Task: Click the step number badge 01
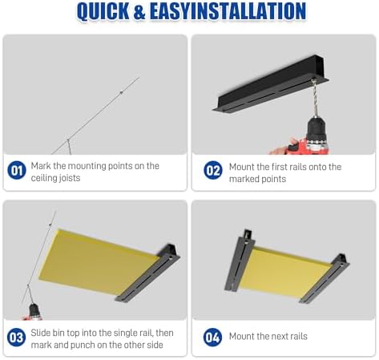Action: pos(17,170)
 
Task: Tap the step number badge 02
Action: pos(213,170)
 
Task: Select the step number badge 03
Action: pos(17,338)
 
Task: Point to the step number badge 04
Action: pos(212,338)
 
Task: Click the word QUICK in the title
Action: pos(103,11)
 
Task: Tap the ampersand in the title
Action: pos(139,11)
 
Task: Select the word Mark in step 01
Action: pos(41,166)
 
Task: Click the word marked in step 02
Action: pos(244,179)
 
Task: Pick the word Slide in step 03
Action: pos(40,333)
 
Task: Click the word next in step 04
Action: pos(277,336)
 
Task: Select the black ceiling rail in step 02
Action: pos(270,83)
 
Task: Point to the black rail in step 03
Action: pos(147,273)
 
